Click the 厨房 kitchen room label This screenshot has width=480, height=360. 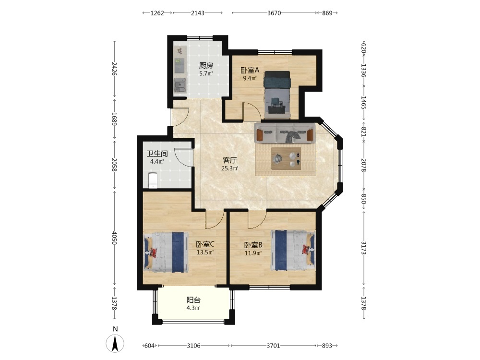tap(206, 65)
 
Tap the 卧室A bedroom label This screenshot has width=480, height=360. tap(250, 70)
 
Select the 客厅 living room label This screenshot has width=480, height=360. tap(229, 160)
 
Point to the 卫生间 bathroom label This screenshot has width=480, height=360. tap(157, 154)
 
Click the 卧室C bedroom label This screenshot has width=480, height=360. tap(205, 244)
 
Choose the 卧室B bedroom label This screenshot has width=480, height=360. tap(253, 245)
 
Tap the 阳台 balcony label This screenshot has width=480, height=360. tap(193, 300)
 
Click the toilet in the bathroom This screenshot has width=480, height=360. tap(153, 180)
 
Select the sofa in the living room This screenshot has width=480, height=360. tap(285, 133)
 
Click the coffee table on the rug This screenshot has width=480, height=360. tap(286, 158)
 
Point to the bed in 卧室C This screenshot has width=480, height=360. tap(166, 252)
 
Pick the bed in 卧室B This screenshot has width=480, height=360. tap(293, 251)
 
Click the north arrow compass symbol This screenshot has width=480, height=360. tap(115, 343)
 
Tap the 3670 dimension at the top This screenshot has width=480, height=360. tap(274, 13)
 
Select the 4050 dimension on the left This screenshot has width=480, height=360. tap(115, 238)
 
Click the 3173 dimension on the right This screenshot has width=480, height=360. tap(364, 248)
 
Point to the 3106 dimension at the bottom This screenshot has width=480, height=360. tap(193, 346)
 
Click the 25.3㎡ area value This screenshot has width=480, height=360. tap(229, 168)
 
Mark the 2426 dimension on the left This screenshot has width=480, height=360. tap(115, 69)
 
